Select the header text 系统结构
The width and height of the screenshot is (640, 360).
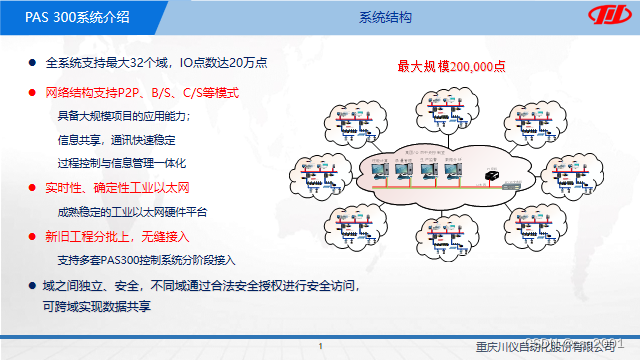pyautogui.click(x=385, y=18)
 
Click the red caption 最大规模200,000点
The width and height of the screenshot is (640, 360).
pyautogui.click(x=451, y=66)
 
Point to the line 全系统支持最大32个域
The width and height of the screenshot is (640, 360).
pyautogui.click(x=154, y=64)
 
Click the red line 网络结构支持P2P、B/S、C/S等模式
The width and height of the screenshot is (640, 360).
pyautogui.click(x=143, y=93)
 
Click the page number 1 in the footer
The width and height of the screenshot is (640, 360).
pyautogui.click(x=319, y=347)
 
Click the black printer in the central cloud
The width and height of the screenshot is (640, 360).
pyautogui.click(x=493, y=175)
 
